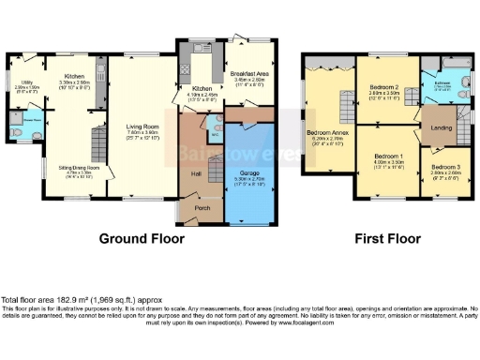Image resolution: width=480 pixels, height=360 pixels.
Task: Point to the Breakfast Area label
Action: click(248, 75)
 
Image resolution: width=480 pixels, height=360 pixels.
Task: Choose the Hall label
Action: click(197, 173)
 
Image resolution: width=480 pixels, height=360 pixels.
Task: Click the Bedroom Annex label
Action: click(326, 134)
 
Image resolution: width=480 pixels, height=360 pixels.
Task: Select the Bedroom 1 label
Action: click(388, 156)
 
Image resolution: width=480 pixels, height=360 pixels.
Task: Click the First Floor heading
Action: click(386, 239)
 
